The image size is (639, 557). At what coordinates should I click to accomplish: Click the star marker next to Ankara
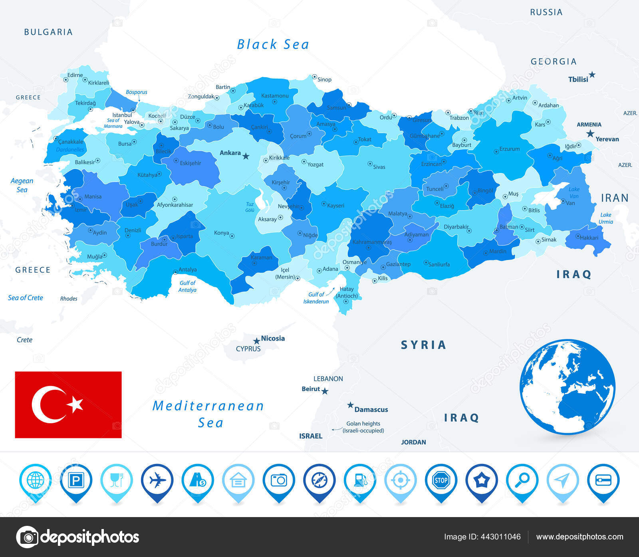pos(246,156)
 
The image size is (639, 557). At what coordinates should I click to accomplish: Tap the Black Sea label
pos(273,44)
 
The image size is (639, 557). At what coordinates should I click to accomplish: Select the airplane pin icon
pos(157,480)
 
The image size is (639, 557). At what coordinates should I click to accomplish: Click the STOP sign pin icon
pos(441,480)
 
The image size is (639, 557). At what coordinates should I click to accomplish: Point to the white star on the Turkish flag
pos(75,404)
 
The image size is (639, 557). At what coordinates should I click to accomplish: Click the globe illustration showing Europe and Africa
pos(567,387)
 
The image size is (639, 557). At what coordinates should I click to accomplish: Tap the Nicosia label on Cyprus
pos(273,338)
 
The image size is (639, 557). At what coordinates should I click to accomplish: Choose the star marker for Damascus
pos(350,405)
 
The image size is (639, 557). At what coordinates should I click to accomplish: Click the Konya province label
pos(222,233)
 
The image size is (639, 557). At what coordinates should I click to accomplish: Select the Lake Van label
pos(574,192)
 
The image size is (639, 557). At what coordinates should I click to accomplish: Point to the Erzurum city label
pos(510,149)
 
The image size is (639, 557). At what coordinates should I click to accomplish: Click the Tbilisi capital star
pos(592,75)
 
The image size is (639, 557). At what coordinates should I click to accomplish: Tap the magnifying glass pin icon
pos(522,480)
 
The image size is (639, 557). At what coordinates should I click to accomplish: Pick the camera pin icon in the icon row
pos(279,480)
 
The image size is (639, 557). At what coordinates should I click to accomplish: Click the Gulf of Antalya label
pos(187,286)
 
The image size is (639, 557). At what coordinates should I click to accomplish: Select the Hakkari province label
pos(589,238)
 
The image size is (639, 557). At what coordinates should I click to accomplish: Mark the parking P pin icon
pos(76,480)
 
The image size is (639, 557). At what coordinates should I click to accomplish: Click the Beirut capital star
pos(325,391)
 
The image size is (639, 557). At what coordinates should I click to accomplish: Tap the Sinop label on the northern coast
pos(324,79)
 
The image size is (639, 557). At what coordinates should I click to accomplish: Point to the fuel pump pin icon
pos(360,480)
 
